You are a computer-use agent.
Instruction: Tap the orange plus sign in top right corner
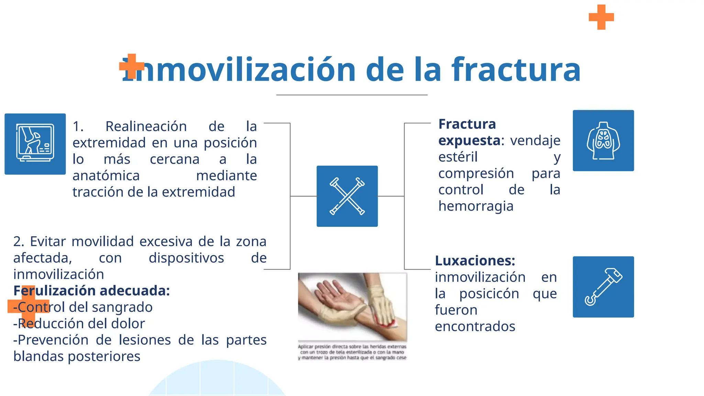pos(601,17)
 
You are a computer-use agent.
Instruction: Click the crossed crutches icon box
pos(347,196)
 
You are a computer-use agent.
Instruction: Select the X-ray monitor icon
pos(35,144)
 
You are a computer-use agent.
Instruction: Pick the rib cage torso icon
pos(603,141)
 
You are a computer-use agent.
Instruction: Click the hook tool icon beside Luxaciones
pos(603,287)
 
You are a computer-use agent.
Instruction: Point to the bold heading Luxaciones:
pos(475,261)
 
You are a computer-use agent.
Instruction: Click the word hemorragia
pos(476,206)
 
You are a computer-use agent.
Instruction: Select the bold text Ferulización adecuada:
pos(91,291)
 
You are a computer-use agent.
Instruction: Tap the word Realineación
pos(146,126)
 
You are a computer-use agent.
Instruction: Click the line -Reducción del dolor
pos(79,323)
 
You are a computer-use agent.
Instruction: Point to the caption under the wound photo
pos(352,352)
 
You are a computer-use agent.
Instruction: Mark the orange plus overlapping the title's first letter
pos(131,66)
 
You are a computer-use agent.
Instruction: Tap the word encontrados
pos(475,326)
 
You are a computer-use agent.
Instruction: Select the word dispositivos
pos(186,258)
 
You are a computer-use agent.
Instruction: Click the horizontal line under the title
pos(352,95)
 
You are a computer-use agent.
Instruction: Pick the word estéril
pos(458,157)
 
